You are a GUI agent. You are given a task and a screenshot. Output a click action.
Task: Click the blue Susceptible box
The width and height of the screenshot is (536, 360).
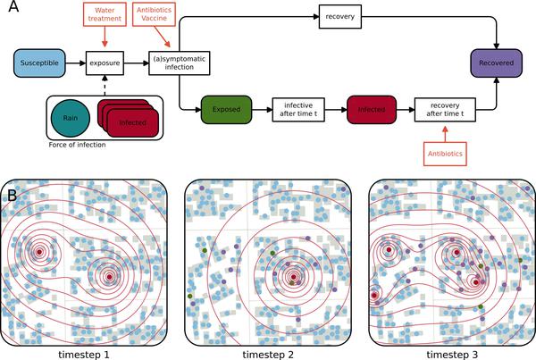click(x=39, y=63)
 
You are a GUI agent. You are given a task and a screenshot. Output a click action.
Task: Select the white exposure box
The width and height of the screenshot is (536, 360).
click(x=105, y=63)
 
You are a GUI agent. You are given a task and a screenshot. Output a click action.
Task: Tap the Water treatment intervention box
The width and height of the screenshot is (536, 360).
click(x=105, y=14)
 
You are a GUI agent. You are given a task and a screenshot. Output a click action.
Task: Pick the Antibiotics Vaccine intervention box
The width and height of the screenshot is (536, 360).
click(x=154, y=14)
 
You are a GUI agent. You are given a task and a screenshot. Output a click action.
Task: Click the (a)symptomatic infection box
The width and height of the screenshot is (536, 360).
click(x=180, y=63)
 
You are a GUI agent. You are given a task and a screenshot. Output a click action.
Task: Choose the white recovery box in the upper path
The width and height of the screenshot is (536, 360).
click(x=340, y=16)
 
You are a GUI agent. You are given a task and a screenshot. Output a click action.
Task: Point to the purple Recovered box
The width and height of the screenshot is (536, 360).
click(x=497, y=63)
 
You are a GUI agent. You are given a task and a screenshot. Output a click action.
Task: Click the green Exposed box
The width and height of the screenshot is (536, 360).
click(x=226, y=109)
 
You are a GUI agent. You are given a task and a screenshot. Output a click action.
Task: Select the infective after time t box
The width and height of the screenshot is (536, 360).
click(x=298, y=110)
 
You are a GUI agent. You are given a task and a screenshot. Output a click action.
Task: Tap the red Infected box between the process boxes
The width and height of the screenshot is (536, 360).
click(x=372, y=109)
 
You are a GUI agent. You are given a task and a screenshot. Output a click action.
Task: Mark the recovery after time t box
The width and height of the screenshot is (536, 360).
click(x=445, y=110)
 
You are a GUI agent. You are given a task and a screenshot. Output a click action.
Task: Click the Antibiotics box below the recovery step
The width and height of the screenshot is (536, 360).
click(x=445, y=154)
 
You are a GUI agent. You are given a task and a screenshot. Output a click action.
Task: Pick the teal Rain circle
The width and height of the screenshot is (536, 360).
click(x=71, y=118)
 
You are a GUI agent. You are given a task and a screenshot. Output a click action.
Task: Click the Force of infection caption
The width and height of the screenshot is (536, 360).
click(x=77, y=145)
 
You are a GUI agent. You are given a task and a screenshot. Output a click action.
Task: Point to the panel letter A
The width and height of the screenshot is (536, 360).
click(x=13, y=6)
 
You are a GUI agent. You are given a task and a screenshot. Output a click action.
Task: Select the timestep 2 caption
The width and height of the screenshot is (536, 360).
click(x=268, y=355)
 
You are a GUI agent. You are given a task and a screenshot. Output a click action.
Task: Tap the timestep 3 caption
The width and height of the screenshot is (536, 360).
click(x=452, y=355)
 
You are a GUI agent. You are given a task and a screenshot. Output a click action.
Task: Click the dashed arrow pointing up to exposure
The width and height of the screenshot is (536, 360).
click(x=105, y=85)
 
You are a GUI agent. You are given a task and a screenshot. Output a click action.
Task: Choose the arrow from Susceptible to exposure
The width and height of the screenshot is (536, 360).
click(x=76, y=63)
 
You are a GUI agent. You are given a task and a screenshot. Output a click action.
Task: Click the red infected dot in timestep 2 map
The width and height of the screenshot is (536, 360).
click(x=293, y=277)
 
